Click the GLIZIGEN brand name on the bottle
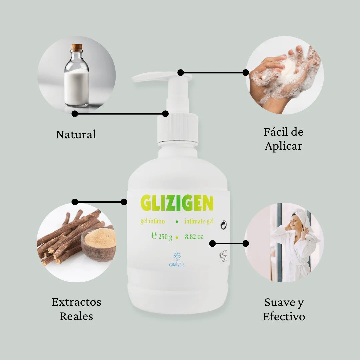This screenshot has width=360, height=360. click(x=177, y=203)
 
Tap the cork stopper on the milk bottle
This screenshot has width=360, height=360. click(x=76, y=48)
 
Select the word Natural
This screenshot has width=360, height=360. click(x=76, y=134)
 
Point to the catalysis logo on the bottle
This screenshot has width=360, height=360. click(x=177, y=260)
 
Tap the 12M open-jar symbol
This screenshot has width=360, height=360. click(x=223, y=256)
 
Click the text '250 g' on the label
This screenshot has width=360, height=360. click(x=165, y=237)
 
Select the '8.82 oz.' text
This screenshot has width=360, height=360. click(x=194, y=236)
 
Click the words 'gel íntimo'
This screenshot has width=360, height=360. click(x=152, y=221)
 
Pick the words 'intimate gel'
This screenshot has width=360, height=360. click(x=199, y=221)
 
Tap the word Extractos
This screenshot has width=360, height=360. click(x=76, y=302)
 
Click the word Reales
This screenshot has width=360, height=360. click(x=76, y=316)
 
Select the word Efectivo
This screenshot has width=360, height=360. click(x=284, y=317)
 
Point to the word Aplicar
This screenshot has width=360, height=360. click(x=283, y=146)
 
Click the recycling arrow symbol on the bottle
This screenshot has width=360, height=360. click(x=223, y=225)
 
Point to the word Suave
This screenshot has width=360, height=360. click(x=279, y=302)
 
